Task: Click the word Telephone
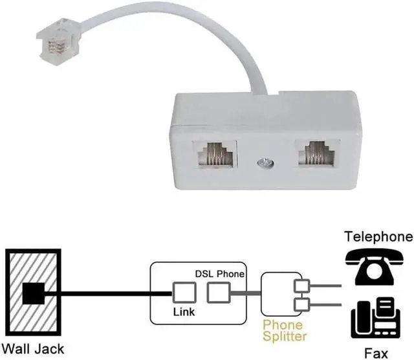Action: click(378, 236)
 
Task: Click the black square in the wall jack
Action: click(34, 294)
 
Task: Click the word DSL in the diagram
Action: click(204, 274)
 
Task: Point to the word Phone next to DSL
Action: click(231, 274)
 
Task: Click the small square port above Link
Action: click(183, 294)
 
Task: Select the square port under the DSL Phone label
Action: click(218, 294)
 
